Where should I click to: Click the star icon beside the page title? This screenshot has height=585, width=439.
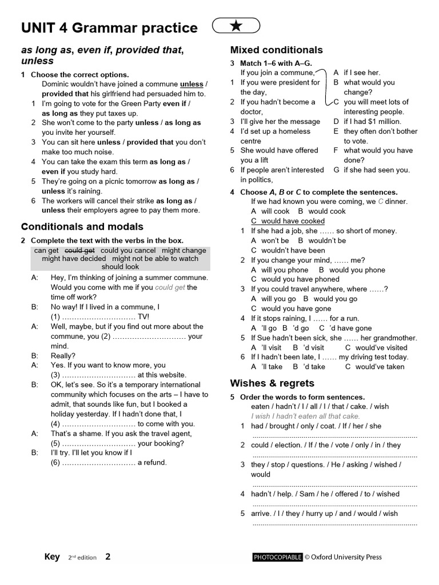[x=236, y=26]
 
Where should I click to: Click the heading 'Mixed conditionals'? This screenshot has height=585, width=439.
[x=276, y=50]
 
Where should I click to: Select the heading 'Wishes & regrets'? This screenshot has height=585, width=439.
[x=272, y=383]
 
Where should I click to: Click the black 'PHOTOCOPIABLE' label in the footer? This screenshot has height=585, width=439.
[x=277, y=557]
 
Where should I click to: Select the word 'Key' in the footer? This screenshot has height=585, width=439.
[x=52, y=557]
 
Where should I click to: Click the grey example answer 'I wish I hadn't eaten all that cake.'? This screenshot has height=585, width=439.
[x=305, y=416]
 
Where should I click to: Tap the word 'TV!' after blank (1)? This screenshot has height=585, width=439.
[x=143, y=316]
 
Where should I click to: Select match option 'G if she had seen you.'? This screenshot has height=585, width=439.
[x=372, y=170]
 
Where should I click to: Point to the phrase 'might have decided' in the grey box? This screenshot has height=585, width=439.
[x=74, y=259]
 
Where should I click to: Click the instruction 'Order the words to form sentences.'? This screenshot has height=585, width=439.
[x=302, y=397]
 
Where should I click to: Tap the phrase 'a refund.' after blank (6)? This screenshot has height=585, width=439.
[x=152, y=462]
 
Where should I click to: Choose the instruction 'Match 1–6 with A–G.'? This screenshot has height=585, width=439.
[x=276, y=63]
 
